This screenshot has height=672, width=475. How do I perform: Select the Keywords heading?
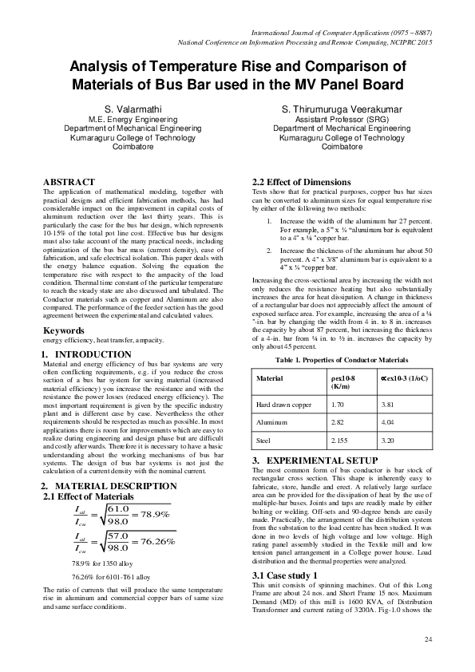(x=66, y=330)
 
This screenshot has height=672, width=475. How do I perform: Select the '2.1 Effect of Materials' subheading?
(x=83, y=497)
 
